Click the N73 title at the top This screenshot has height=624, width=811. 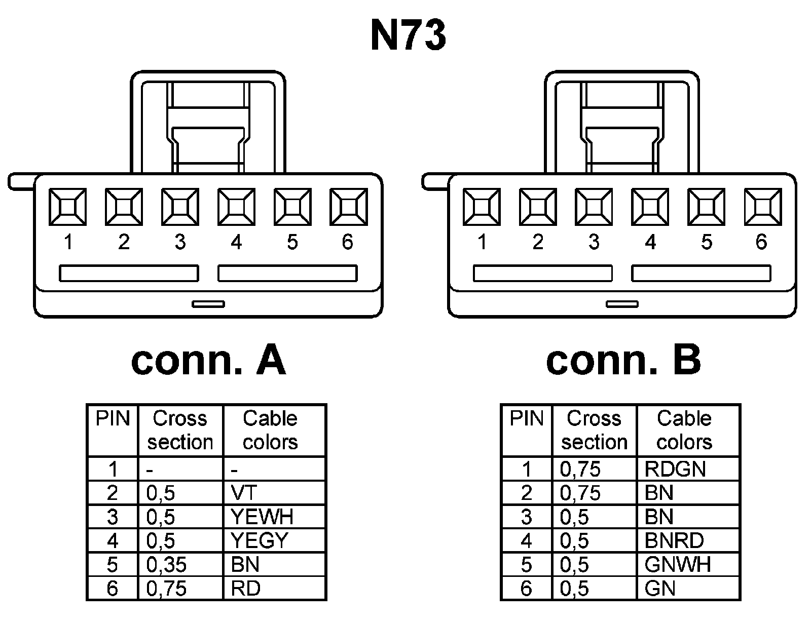click(x=409, y=36)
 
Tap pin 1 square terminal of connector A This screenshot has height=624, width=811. click(x=67, y=207)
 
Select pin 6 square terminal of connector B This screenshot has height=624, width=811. click(x=763, y=207)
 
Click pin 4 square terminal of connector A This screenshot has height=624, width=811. click(x=236, y=207)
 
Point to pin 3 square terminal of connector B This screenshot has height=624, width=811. click(x=594, y=207)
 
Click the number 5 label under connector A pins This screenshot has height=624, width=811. click(x=292, y=242)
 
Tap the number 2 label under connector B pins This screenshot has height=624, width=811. click(x=538, y=242)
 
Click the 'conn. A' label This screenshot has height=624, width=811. click(x=208, y=361)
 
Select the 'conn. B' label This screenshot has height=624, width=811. click(x=623, y=361)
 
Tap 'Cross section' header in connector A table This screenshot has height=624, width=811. click(x=180, y=430)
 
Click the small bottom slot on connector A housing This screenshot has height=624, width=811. click(x=208, y=304)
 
